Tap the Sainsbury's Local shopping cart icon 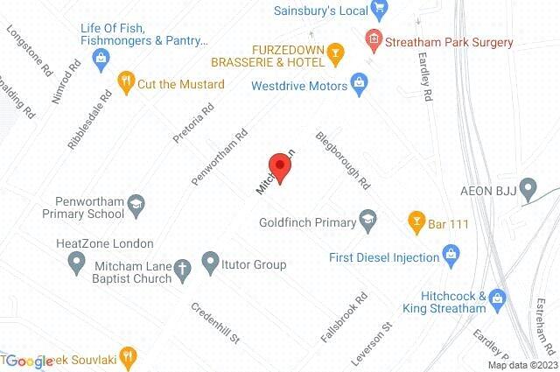pos(379,11)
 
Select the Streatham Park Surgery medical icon pos(374,39)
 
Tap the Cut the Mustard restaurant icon pos(126,84)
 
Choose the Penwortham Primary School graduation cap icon pos(136,205)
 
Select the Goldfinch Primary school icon pos(368,220)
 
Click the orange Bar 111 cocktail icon pos(416,222)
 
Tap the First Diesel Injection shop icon pos(451,257)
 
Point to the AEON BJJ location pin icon pos(528,187)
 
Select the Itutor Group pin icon pos(210,261)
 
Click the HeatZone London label pos(104,243)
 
